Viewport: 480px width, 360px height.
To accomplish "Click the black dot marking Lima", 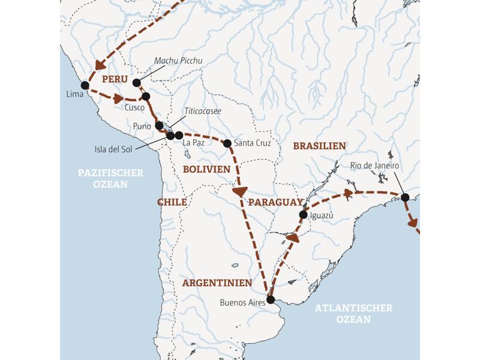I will coord(85,86).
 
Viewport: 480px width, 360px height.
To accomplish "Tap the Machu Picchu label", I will coord(178,61).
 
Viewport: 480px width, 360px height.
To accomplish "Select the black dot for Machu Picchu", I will coord(136,83).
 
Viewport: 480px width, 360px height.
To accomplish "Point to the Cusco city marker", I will coord(145,96).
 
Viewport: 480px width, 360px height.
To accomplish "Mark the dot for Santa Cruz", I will coord(227,143).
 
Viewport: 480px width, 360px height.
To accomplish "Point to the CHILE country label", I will coord(172,202).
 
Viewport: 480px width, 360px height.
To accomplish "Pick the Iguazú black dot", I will coord(303,215).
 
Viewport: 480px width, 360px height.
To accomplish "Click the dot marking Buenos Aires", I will coord(270,299).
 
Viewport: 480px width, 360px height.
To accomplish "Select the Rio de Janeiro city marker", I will coord(405,197).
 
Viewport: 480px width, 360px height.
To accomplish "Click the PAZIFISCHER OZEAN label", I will coord(111,178).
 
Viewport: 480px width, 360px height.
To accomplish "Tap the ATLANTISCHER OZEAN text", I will coord(353,313).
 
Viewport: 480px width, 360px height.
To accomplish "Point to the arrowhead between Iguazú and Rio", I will coord(347,193).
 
